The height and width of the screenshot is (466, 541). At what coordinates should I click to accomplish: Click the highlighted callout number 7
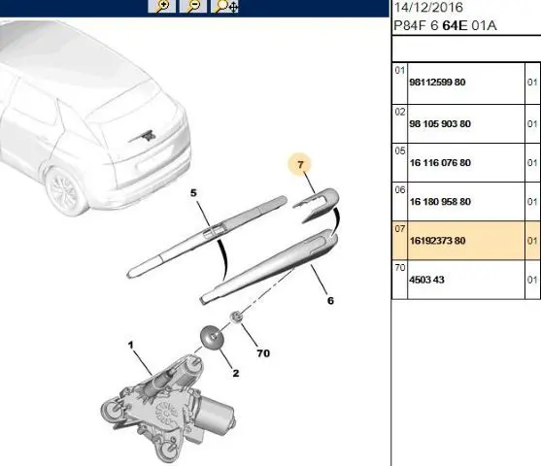tap(300, 164)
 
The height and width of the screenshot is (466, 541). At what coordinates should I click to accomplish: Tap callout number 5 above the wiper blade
tap(193, 193)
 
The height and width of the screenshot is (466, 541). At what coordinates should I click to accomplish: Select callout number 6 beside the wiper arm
tap(330, 300)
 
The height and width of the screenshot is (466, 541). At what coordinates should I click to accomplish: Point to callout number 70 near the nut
tap(263, 353)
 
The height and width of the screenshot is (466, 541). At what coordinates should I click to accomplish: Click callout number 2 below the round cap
tap(236, 373)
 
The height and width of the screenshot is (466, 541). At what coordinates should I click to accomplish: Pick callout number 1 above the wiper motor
tap(130, 345)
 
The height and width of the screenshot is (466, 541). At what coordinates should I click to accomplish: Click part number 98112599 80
tap(437, 83)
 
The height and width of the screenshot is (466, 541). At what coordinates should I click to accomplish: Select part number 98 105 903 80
tap(440, 124)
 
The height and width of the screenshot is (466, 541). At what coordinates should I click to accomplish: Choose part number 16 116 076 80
tap(440, 162)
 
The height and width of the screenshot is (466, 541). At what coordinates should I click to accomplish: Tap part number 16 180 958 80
tap(440, 201)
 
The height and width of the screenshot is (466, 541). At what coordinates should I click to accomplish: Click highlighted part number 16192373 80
tap(437, 241)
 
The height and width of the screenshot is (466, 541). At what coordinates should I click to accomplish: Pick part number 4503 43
tap(426, 280)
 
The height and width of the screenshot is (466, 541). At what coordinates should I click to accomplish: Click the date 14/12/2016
tap(428, 7)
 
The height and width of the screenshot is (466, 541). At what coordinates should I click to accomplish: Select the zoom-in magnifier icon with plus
tap(161, 6)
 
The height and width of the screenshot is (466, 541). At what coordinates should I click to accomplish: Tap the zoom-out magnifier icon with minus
tap(193, 6)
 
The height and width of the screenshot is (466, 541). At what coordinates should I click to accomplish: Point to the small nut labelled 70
tap(237, 316)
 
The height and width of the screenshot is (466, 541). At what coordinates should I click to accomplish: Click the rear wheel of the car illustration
tap(65, 191)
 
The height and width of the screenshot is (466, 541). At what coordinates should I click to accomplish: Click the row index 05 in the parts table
tap(399, 151)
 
